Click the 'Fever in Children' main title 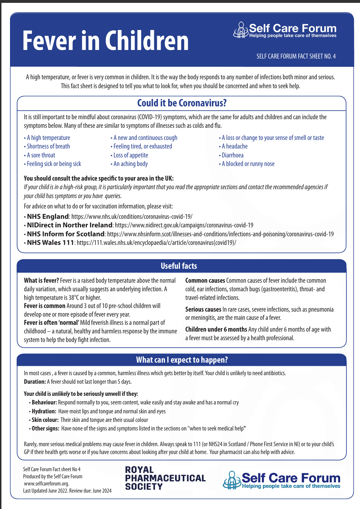105,41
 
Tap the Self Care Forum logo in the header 285,30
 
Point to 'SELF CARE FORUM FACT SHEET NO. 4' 296,56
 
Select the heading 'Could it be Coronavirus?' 182,103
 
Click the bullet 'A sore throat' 41,155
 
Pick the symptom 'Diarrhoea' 232,155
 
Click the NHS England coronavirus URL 132,217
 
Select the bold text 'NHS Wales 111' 50,243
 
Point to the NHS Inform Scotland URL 220,234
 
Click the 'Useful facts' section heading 179,266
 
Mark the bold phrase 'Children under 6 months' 216,329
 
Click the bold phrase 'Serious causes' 203,309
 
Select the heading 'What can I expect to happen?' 182,360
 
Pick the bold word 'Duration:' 35,382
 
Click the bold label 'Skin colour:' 45,420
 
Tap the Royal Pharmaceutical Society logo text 165,478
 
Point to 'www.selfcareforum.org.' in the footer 46,484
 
